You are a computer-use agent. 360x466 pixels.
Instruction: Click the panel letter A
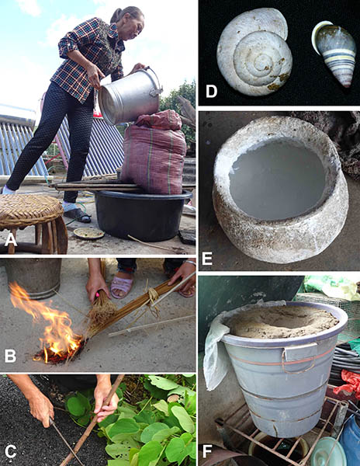[11, 239]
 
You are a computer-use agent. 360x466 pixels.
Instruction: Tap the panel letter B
[10, 355]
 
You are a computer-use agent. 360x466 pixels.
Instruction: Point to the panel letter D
[211, 91]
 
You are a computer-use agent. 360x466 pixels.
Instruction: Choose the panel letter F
[206, 451]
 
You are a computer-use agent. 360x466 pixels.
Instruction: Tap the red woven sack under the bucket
[154, 153]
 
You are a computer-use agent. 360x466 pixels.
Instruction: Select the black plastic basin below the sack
[143, 214]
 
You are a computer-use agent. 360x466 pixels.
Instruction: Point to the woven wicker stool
[33, 221]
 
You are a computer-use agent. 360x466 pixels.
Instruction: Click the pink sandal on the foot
[122, 286]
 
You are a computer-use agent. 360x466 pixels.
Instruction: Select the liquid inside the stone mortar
[277, 179]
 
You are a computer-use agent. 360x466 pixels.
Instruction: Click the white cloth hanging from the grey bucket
[215, 353]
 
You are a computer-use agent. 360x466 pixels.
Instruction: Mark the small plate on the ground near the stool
[88, 234]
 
